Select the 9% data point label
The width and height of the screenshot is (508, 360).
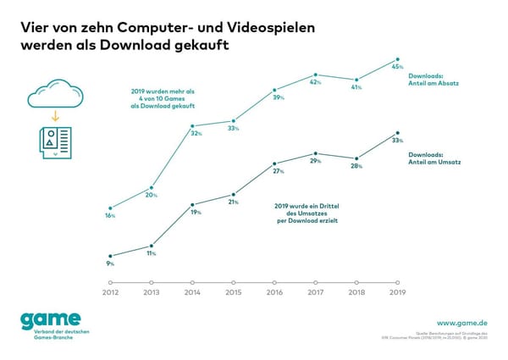[x=110, y=263]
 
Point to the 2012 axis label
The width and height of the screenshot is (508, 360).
[x=111, y=292]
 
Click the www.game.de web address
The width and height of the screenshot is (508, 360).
[x=463, y=323]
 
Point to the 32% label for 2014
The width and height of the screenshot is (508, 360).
[x=196, y=133]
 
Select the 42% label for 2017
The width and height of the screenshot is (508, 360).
[x=315, y=82]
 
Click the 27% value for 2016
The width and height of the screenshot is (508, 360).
[x=274, y=171]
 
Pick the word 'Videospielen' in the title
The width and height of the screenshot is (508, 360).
[x=262, y=26]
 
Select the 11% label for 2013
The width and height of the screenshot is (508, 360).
[x=152, y=253]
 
